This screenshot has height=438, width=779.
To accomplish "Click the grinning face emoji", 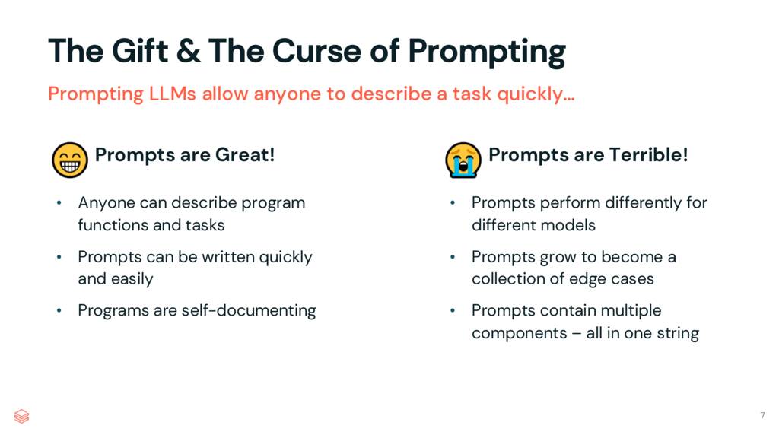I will click(x=68, y=159).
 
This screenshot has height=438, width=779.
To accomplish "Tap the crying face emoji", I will click(x=463, y=159).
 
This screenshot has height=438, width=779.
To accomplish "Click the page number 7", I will click(x=762, y=415).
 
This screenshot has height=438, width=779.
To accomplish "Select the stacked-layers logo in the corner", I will click(x=21, y=415).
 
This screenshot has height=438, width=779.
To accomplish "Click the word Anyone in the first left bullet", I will click(x=106, y=203).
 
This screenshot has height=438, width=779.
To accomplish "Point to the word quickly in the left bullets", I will click(x=285, y=257).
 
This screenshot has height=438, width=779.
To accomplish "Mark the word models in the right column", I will click(x=571, y=225).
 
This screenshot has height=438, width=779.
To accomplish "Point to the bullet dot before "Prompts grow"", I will click(x=452, y=257).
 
